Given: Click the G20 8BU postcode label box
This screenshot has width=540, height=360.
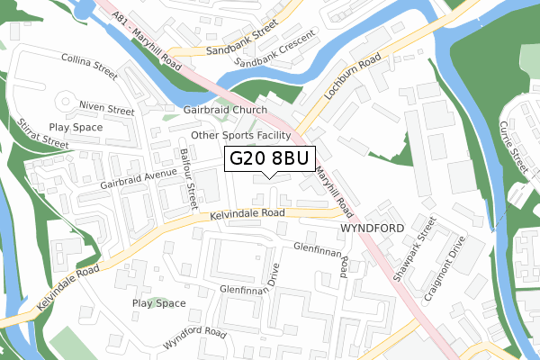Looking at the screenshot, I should (x=269, y=159).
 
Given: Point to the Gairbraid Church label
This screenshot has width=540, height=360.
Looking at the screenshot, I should (x=225, y=111).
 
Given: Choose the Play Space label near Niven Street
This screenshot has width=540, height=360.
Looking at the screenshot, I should (x=76, y=128).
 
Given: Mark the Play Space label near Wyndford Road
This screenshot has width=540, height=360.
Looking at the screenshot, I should (x=159, y=303).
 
